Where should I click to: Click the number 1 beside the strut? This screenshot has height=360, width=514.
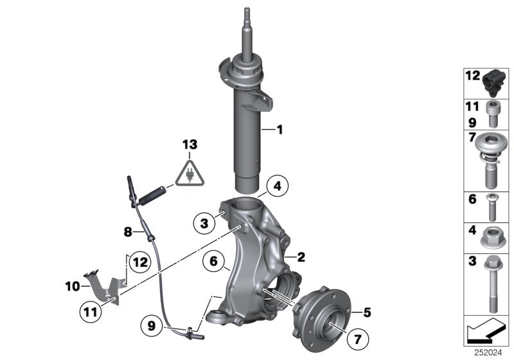coord(279,130)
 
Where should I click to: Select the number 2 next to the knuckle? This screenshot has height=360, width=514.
coord(301,256)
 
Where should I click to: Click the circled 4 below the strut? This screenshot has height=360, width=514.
coord(276,187)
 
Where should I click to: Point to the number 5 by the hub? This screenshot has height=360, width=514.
coord(368,313)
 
